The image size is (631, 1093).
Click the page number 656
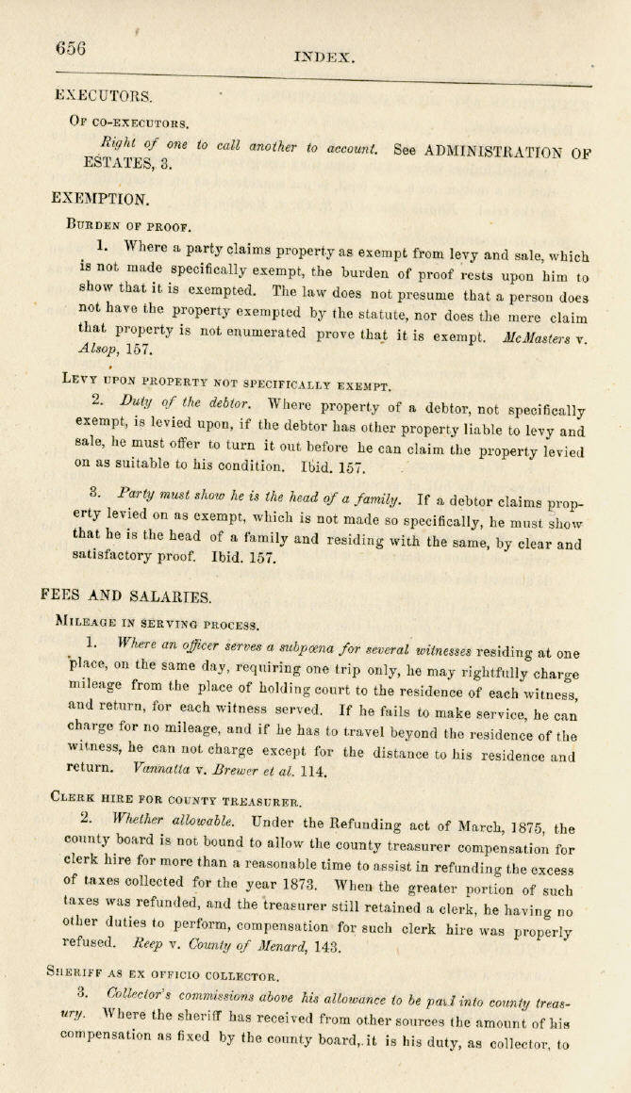point(71,49)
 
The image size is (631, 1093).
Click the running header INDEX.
point(324,57)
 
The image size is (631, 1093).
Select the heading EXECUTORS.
point(104,95)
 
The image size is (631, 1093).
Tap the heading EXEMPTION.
point(100,199)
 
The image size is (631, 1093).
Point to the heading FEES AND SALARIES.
point(126,595)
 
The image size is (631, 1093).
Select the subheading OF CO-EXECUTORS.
point(128,122)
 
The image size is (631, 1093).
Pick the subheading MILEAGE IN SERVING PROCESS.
point(157,622)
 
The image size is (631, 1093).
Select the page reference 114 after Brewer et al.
point(314,771)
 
